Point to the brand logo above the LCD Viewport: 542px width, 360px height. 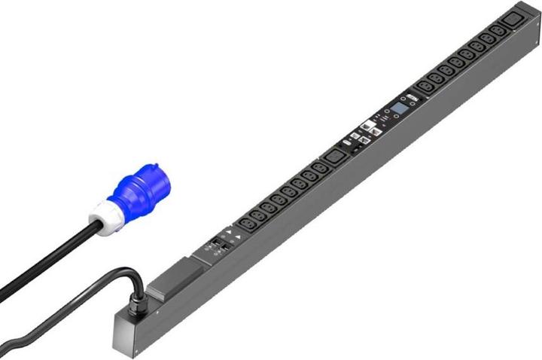click(x=412, y=98)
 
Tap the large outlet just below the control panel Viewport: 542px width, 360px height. click(x=332, y=158)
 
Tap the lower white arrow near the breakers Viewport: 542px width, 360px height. click(x=238, y=236)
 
